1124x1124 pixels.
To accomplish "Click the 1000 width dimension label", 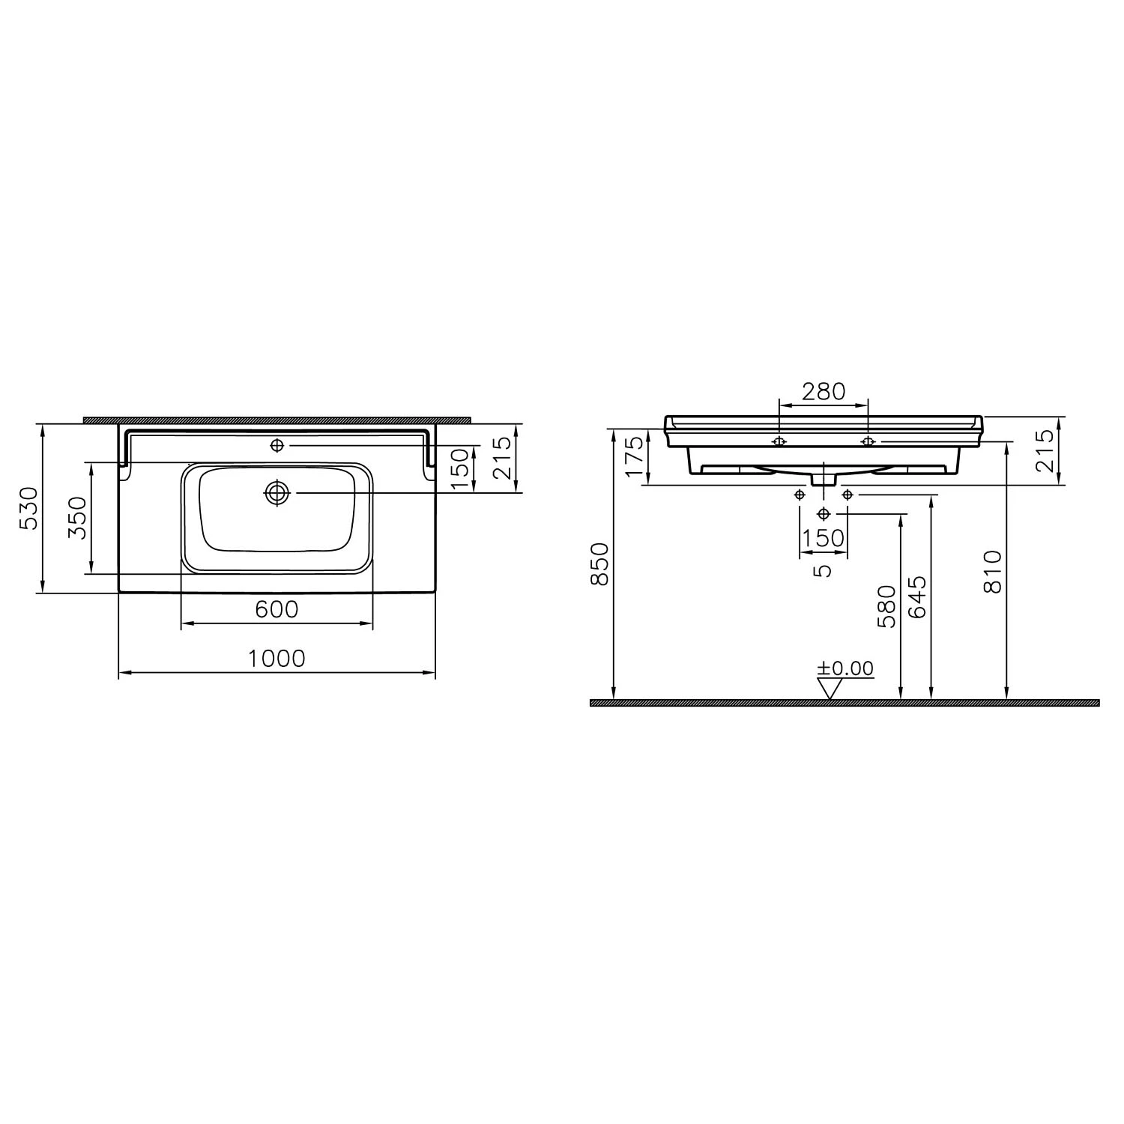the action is (x=277, y=658).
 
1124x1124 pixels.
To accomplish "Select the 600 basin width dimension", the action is (x=277, y=609).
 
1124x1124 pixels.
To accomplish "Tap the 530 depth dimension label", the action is (x=28, y=507).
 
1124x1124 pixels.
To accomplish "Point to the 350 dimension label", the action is (x=78, y=518).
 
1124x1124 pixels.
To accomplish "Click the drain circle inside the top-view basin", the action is (x=277, y=492).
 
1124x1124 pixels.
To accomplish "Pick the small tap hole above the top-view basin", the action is (x=277, y=446).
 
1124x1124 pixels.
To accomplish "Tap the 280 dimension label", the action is (x=824, y=390).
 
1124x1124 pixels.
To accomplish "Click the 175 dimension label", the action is (x=634, y=456).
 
